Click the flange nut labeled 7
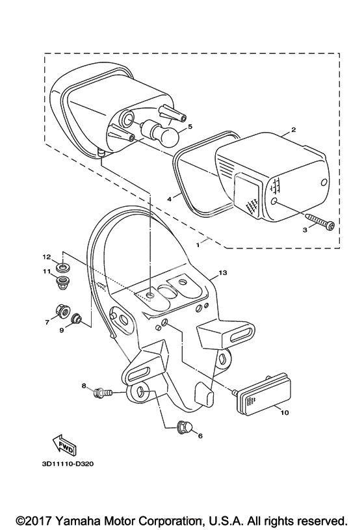click(x=62, y=310)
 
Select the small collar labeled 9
click(x=76, y=318)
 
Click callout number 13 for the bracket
click(x=223, y=272)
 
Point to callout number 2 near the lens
click(x=293, y=129)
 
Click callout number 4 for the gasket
click(x=170, y=199)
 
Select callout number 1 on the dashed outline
click(x=198, y=245)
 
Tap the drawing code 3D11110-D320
click(x=68, y=464)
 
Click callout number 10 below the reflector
click(x=285, y=413)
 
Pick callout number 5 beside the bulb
click(x=190, y=126)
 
